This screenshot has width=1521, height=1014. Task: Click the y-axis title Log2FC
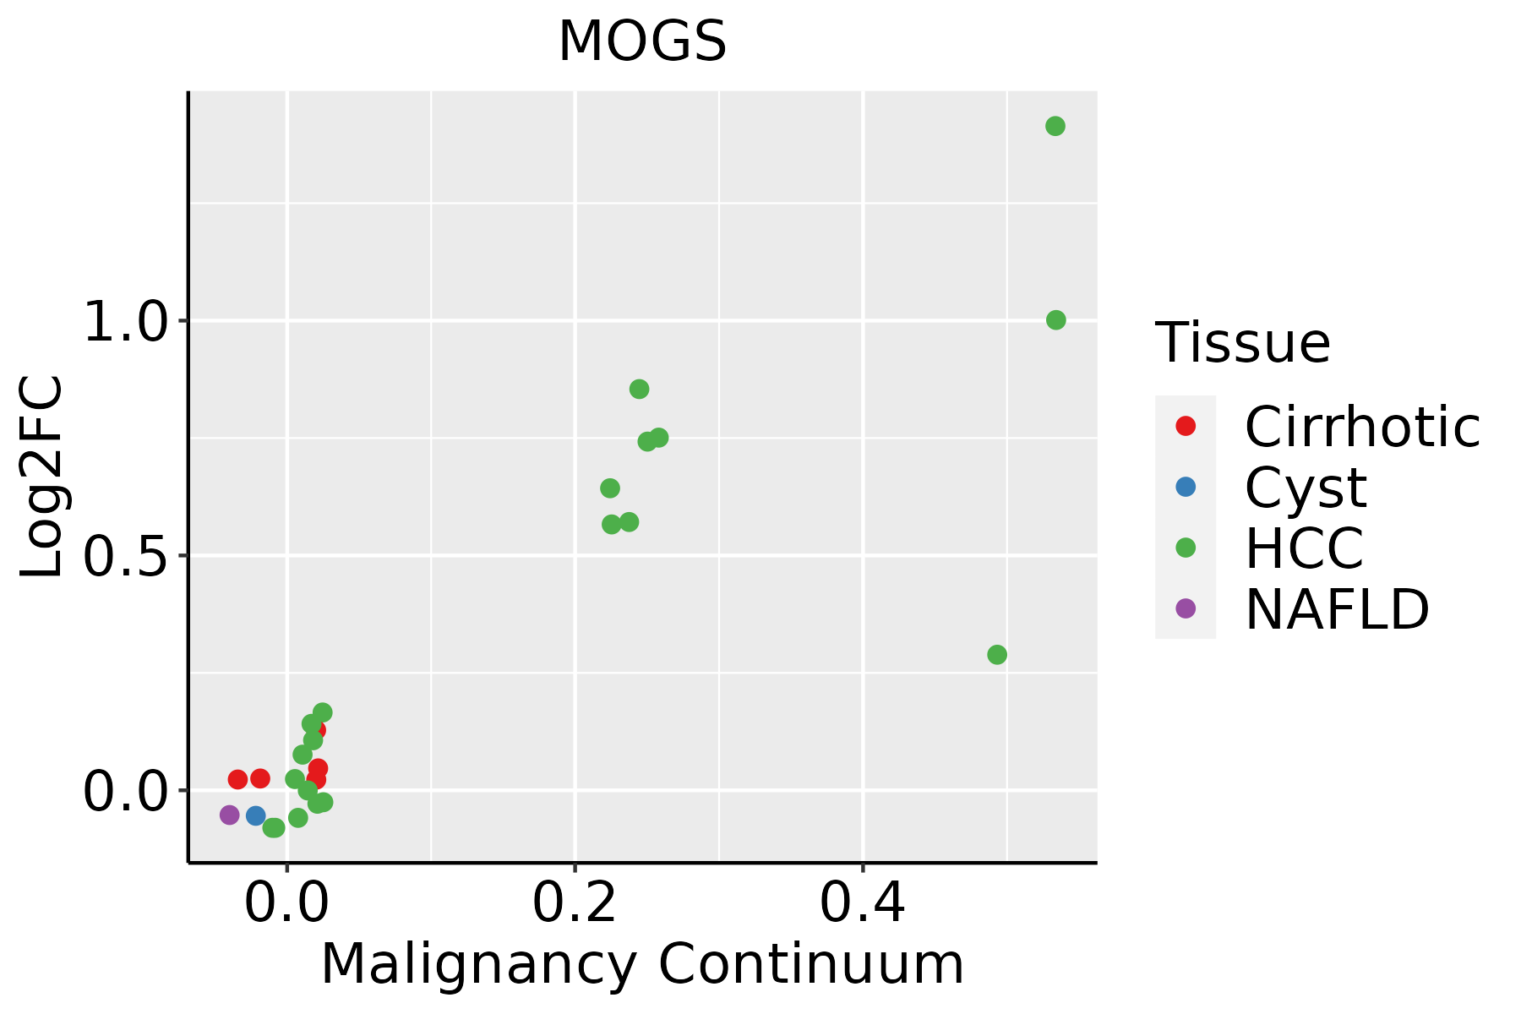pos(42,477)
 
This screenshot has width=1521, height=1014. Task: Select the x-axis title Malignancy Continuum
pos(642,965)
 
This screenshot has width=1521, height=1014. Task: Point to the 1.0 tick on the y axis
pos(123,321)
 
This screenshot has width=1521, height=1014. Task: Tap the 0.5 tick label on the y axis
pos(123,556)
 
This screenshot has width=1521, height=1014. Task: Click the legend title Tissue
pos(1242,343)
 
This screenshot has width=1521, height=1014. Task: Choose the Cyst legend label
pos(1306,488)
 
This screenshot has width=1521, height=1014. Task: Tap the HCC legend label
pos(1304,548)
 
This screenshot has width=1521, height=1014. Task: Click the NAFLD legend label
pos(1337,608)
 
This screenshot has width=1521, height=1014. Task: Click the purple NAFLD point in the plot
pos(229,815)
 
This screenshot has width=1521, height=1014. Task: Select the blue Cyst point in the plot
pos(255,815)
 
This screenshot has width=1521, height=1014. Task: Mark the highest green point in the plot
pos(1055,126)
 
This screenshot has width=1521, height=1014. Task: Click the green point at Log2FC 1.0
pos(1055,319)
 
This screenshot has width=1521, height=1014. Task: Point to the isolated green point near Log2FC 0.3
pos(997,655)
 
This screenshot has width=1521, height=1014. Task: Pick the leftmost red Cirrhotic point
pos(237,779)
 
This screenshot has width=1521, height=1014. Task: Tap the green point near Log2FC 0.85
pos(639,389)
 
